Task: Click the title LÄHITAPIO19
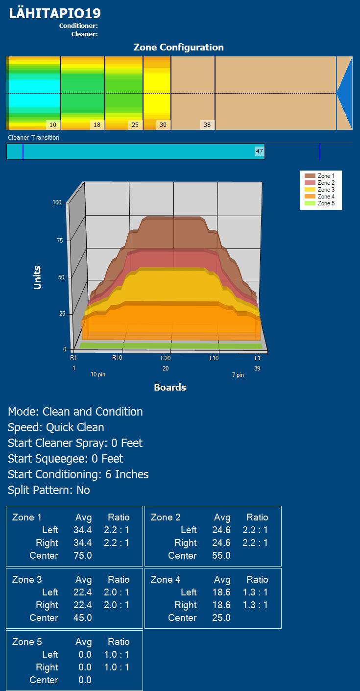(55, 13)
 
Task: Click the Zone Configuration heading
(179, 47)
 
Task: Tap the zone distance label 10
(53, 124)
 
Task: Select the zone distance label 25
(135, 124)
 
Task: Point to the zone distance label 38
(207, 124)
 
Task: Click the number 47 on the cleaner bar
(260, 151)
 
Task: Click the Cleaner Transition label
(34, 138)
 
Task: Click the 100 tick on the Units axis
(57, 202)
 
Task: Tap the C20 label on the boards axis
(166, 358)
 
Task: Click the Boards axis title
(170, 387)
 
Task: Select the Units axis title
(38, 277)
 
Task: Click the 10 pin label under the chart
(98, 375)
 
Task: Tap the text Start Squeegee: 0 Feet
(66, 459)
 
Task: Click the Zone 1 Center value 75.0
(83, 555)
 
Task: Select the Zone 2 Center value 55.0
(221, 555)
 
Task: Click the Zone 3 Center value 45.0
(83, 617)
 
